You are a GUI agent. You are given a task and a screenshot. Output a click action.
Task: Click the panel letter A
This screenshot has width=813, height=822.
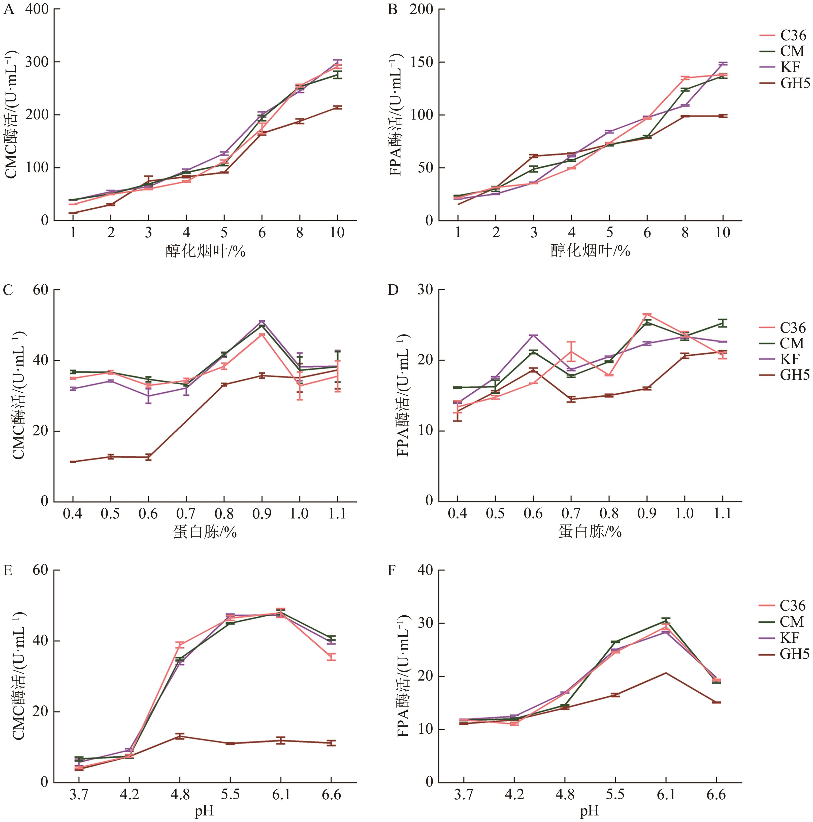(9, 9)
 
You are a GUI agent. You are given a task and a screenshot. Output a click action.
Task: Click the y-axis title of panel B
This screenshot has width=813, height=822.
(396, 115)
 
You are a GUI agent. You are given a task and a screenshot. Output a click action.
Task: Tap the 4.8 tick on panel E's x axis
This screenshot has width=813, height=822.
(180, 794)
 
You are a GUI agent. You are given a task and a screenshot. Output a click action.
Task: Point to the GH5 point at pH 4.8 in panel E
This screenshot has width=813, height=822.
(180, 736)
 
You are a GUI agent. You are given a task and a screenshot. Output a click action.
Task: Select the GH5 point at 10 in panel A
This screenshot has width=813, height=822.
(337, 108)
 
